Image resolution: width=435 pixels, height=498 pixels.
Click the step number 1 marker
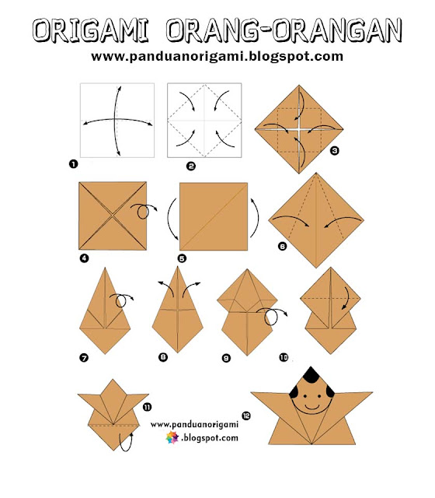72,164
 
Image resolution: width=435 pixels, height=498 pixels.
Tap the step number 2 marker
191,165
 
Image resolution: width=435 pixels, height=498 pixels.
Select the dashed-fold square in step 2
206,121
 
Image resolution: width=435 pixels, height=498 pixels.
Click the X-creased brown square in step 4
112,216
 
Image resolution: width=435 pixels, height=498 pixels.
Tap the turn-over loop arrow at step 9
272,315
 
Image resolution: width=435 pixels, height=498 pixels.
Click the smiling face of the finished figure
313,403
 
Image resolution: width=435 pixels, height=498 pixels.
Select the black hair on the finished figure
312,381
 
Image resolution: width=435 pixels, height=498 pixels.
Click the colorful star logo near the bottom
172,439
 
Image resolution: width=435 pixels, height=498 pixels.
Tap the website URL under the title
217,57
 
